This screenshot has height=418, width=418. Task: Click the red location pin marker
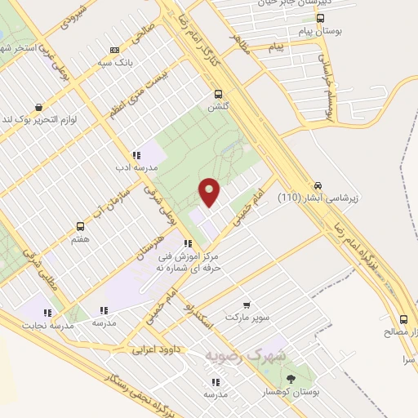(x=210, y=192)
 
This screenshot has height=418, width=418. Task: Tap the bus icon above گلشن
(x=218, y=94)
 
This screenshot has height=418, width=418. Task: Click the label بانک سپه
(x=115, y=62)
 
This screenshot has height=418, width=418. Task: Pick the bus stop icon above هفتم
(x=80, y=226)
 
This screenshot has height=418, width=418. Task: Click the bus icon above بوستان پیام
(x=319, y=18)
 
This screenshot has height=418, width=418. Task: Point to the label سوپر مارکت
(x=247, y=315)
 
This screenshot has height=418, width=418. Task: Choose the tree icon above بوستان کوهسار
(x=291, y=378)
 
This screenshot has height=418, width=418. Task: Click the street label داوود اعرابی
(x=155, y=349)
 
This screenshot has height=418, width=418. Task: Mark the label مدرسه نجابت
(x=51, y=326)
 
